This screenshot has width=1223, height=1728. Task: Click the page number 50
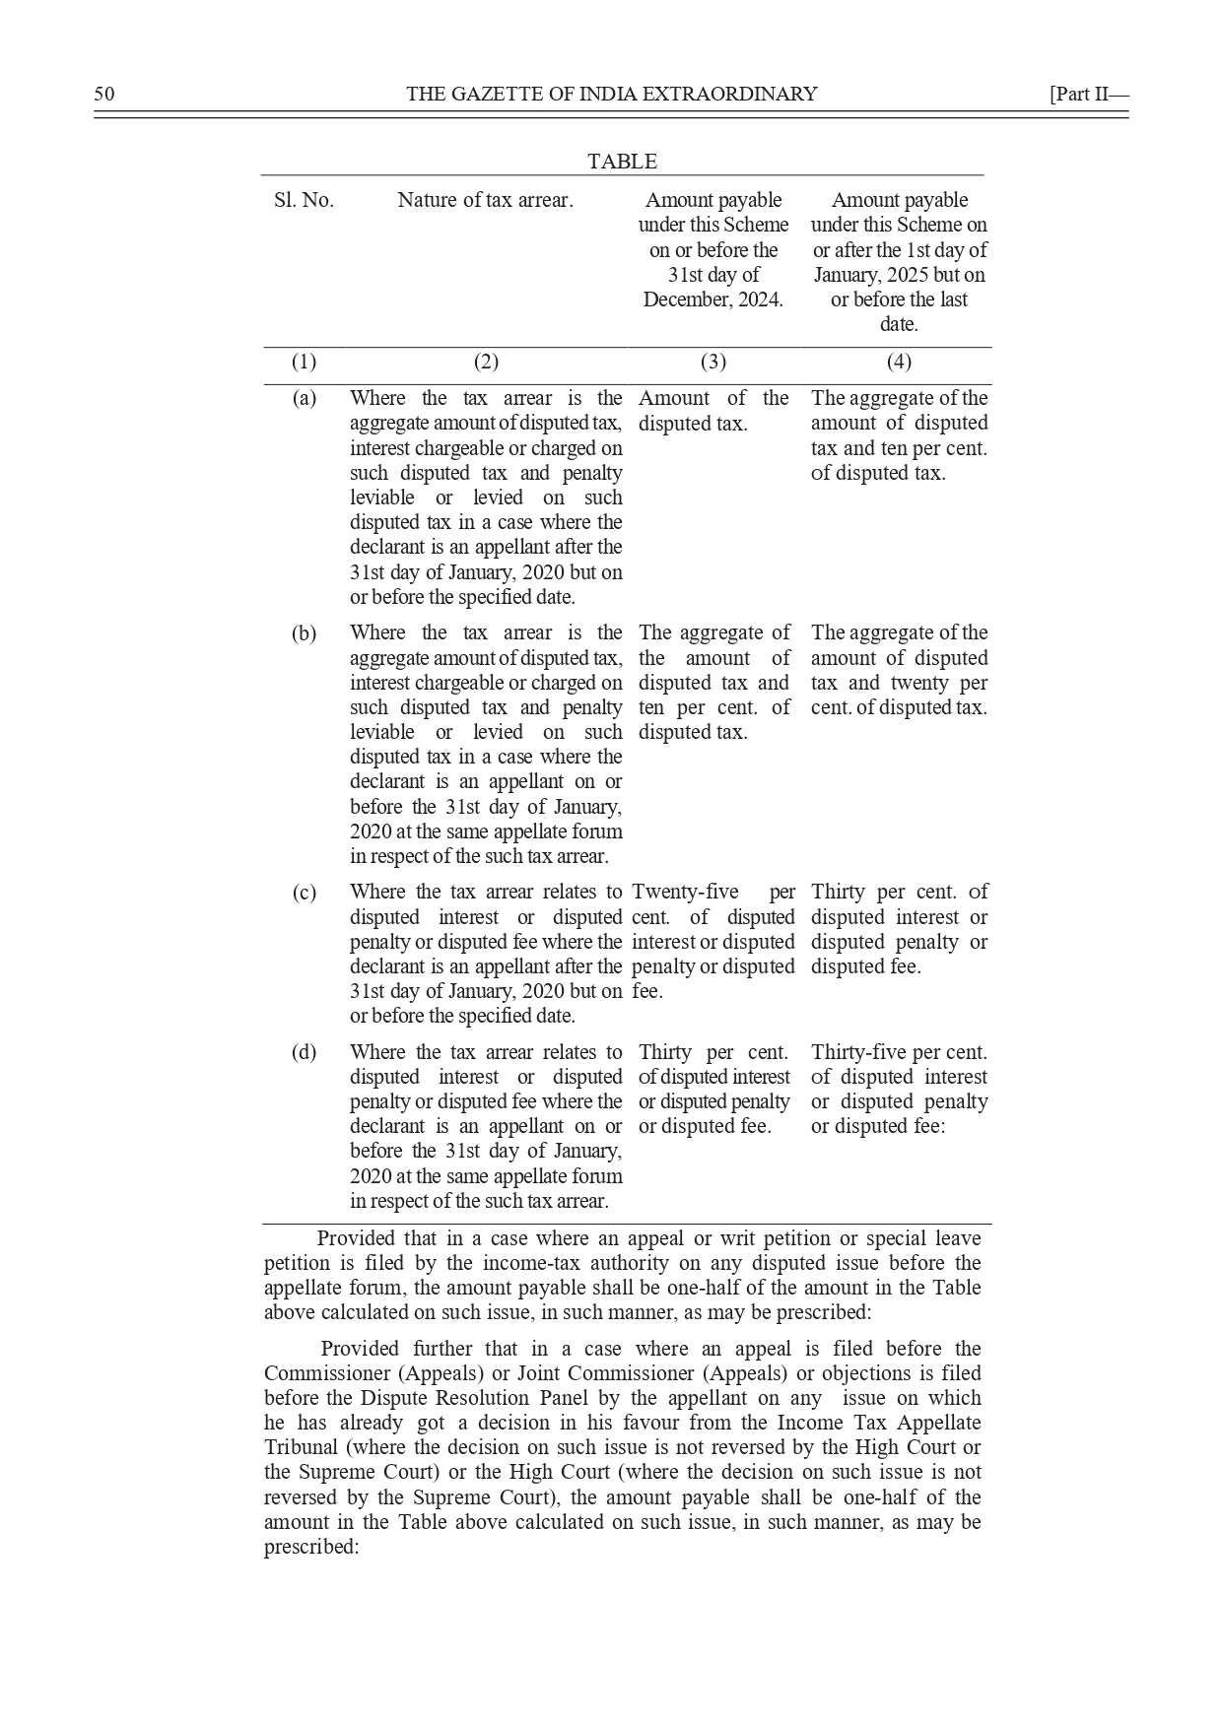click(x=104, y=94)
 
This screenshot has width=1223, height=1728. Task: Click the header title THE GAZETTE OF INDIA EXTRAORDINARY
click(x=611, y=94)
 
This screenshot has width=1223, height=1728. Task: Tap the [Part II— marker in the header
click(x=1088, y=94)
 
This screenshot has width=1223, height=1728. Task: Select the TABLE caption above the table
click(x=622, y=162)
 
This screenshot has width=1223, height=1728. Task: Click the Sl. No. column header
click(x=304, y=200)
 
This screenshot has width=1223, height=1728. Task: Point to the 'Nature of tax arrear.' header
click(x=485, y=200)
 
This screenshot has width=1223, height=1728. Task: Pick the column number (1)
click(x=304, y=362)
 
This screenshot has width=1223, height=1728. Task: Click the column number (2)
click(x=486, y=362)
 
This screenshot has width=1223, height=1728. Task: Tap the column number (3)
click(x=713, y=362)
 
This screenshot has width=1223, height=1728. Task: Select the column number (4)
click(x=899, y=362)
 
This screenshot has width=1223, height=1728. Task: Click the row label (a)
click(x=304, y=398)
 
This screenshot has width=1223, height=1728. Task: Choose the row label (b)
click(x=304, y=632)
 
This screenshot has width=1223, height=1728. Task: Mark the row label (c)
click(x=304, y=893)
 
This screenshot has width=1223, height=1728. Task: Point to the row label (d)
click(x=304, y=1052)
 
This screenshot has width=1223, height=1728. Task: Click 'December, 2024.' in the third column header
click(x=713, y=299)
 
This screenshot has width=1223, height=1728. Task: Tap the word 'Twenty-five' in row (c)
click(x=685, y=893)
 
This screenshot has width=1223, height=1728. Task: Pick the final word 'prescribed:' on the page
click(x=311, y=1547)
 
